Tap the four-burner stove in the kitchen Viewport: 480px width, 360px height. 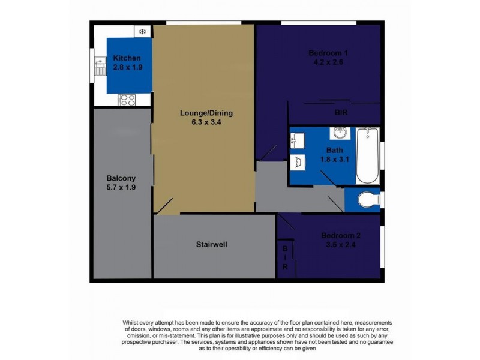(x=127, y=100)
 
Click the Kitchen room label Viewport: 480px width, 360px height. (x=127, y=58)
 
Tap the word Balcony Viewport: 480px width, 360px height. (x=120, y=178)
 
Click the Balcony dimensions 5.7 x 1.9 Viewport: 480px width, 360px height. (x=120, y=187)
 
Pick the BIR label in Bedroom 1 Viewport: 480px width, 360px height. (x=341, y=112)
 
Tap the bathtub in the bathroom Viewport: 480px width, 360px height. (x=368, y=155)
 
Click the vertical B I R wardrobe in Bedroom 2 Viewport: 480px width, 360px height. (x=286, y=257)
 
